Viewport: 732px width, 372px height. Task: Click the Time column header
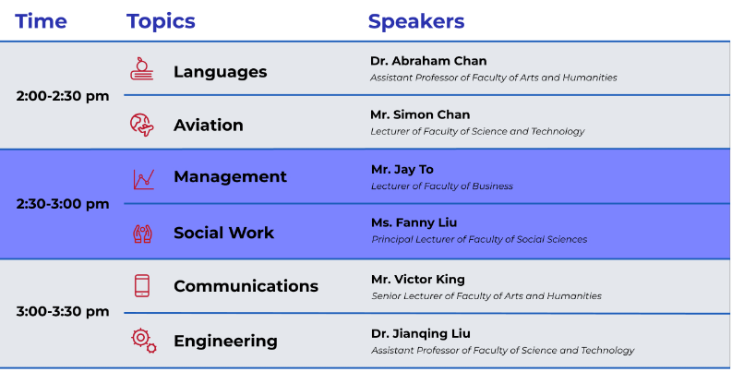coord(42,21)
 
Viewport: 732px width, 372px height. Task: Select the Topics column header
coord(161,22)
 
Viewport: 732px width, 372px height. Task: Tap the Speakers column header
coord(416,22)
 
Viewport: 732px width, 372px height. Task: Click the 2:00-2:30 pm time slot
coord(63,96)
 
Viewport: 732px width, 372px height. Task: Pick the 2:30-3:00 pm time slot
coord(63,204)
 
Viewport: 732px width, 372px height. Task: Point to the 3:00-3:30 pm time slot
coord(63,312)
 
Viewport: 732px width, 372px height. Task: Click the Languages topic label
coord(221,72)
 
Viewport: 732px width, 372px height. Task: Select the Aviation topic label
coord(209,126)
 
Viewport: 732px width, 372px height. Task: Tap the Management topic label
coord(230,176)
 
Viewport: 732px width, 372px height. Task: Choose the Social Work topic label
coord(223,233)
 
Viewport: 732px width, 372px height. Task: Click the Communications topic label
coord(246,286)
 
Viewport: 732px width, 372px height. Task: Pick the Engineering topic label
coord(225,342)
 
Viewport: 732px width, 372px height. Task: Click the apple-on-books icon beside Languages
coord(142,68)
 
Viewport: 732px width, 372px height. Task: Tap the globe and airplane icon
coord(142,125)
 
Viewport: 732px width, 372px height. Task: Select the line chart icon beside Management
coord(143,179)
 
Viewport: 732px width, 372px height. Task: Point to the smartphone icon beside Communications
coord(142,285)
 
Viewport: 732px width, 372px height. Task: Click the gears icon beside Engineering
coord(143,341)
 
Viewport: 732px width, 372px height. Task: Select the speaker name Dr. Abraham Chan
coord(428,61)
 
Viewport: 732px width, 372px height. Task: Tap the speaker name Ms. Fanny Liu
coord(414,222)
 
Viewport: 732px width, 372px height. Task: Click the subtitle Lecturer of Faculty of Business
coord(441,186)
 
